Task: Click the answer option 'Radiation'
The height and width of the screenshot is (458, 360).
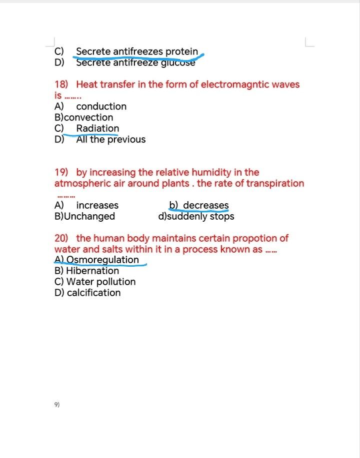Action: (x=97, y=128)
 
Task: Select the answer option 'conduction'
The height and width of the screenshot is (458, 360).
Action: (x=101, y=106)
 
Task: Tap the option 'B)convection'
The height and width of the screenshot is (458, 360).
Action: (x=83, y=117)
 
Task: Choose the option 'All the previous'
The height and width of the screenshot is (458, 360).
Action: (x=110, y=139)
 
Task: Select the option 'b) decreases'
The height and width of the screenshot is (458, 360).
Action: (x=199, y=205)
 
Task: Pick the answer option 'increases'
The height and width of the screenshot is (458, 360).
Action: (x=97, y=205)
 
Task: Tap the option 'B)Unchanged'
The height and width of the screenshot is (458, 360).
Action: (x=84, y=216)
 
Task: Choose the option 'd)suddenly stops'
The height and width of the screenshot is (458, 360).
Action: (x=196, y=216)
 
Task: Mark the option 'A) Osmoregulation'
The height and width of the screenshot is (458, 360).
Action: (x=96, y=260)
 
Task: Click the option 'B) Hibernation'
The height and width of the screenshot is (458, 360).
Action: (x=86, y=271)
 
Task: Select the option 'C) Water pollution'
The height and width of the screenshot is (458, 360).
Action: (x=95, y=282)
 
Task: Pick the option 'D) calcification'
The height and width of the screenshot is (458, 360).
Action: (x=87, y=293)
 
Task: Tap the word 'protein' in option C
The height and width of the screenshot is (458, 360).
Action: (x=181, y=51)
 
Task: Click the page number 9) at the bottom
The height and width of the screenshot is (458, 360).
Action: (x=56, y=405)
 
